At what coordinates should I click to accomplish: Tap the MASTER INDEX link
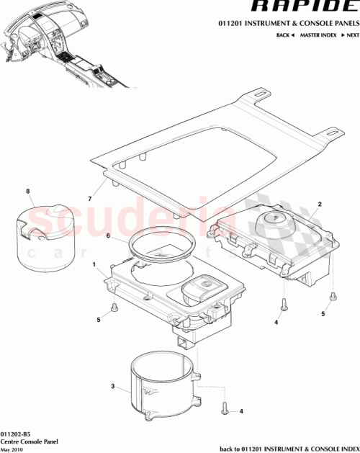pos(318,35)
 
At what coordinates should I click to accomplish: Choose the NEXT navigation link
pos(351,35)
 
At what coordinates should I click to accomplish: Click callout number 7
pos(90,197)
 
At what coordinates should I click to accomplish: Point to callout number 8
pos(28,191)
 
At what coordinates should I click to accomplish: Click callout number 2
pos(320,205)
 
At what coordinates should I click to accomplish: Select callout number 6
pos(108,236)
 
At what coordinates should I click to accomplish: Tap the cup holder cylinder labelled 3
pos(161,389)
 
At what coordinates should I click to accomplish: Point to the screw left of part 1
pos(115,309)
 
